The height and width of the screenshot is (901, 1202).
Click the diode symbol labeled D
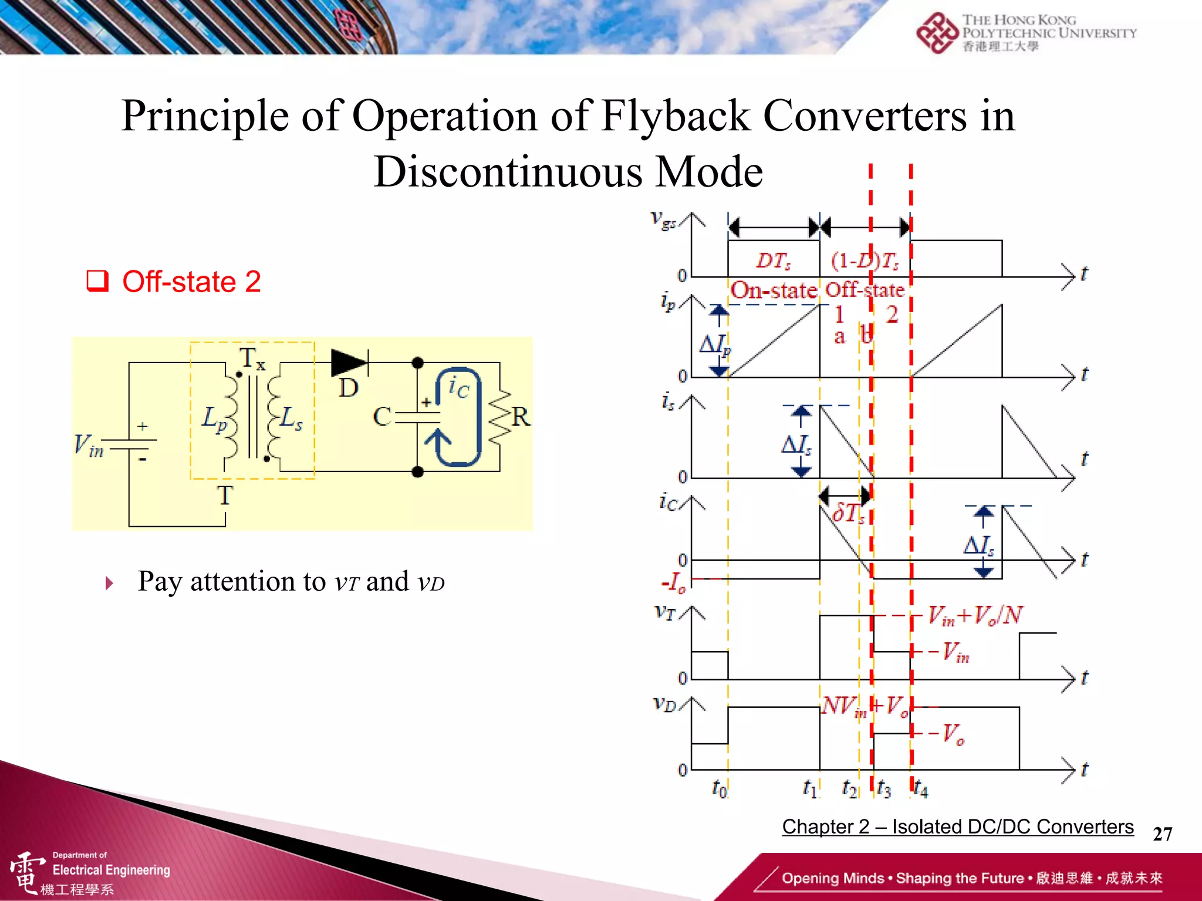click(x=349, y=363)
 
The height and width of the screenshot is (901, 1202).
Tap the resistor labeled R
click(x=500, y=417)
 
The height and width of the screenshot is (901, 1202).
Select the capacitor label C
click(x=382, y=417)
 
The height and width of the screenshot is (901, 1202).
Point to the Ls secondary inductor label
click(x=291, y=419)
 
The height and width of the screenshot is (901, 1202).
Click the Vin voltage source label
click(x=88, y=446)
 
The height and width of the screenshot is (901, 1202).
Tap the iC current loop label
click(x=459, y=388)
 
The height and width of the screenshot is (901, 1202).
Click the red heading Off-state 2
click(x=191, y=282)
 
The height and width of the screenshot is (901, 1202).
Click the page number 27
click(x=1162, y=834)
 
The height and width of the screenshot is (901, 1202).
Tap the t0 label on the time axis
click(x=719, y=788)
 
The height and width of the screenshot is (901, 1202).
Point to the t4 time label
click(x=920, y=789)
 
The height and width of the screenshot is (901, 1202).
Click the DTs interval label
click(x=773, y=260)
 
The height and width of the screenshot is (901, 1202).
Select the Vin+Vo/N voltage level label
click(x=975, y=616)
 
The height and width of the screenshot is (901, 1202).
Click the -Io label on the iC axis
click(x=674, y=582)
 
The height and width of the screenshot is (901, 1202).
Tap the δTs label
click(x=848, y=513)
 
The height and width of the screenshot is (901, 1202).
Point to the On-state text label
click(x=774, y=290)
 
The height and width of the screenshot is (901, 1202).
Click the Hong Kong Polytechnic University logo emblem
click(x=937, y=33)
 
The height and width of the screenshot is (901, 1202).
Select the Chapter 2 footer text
click(x=957, y=827)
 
